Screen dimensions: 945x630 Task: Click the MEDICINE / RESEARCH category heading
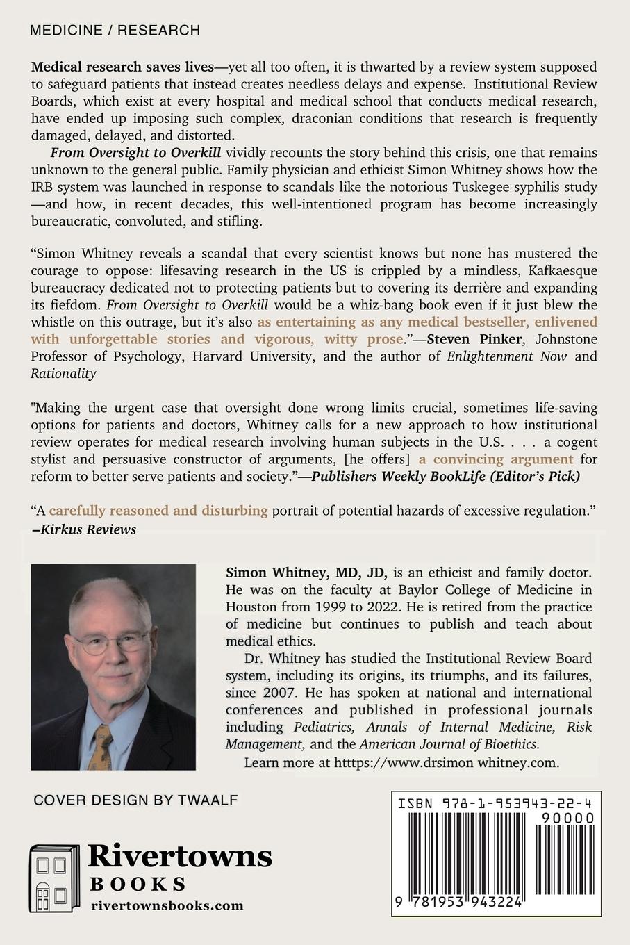pos(115,31)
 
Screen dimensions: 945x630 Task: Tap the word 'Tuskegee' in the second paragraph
pos(463,187)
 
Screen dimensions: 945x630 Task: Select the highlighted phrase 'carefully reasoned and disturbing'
pos(158,511)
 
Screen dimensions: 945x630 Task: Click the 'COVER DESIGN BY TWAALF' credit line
pos(136,800)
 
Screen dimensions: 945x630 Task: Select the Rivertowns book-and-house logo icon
pos(53,877)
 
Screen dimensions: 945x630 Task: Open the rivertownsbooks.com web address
pos(167,905)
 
